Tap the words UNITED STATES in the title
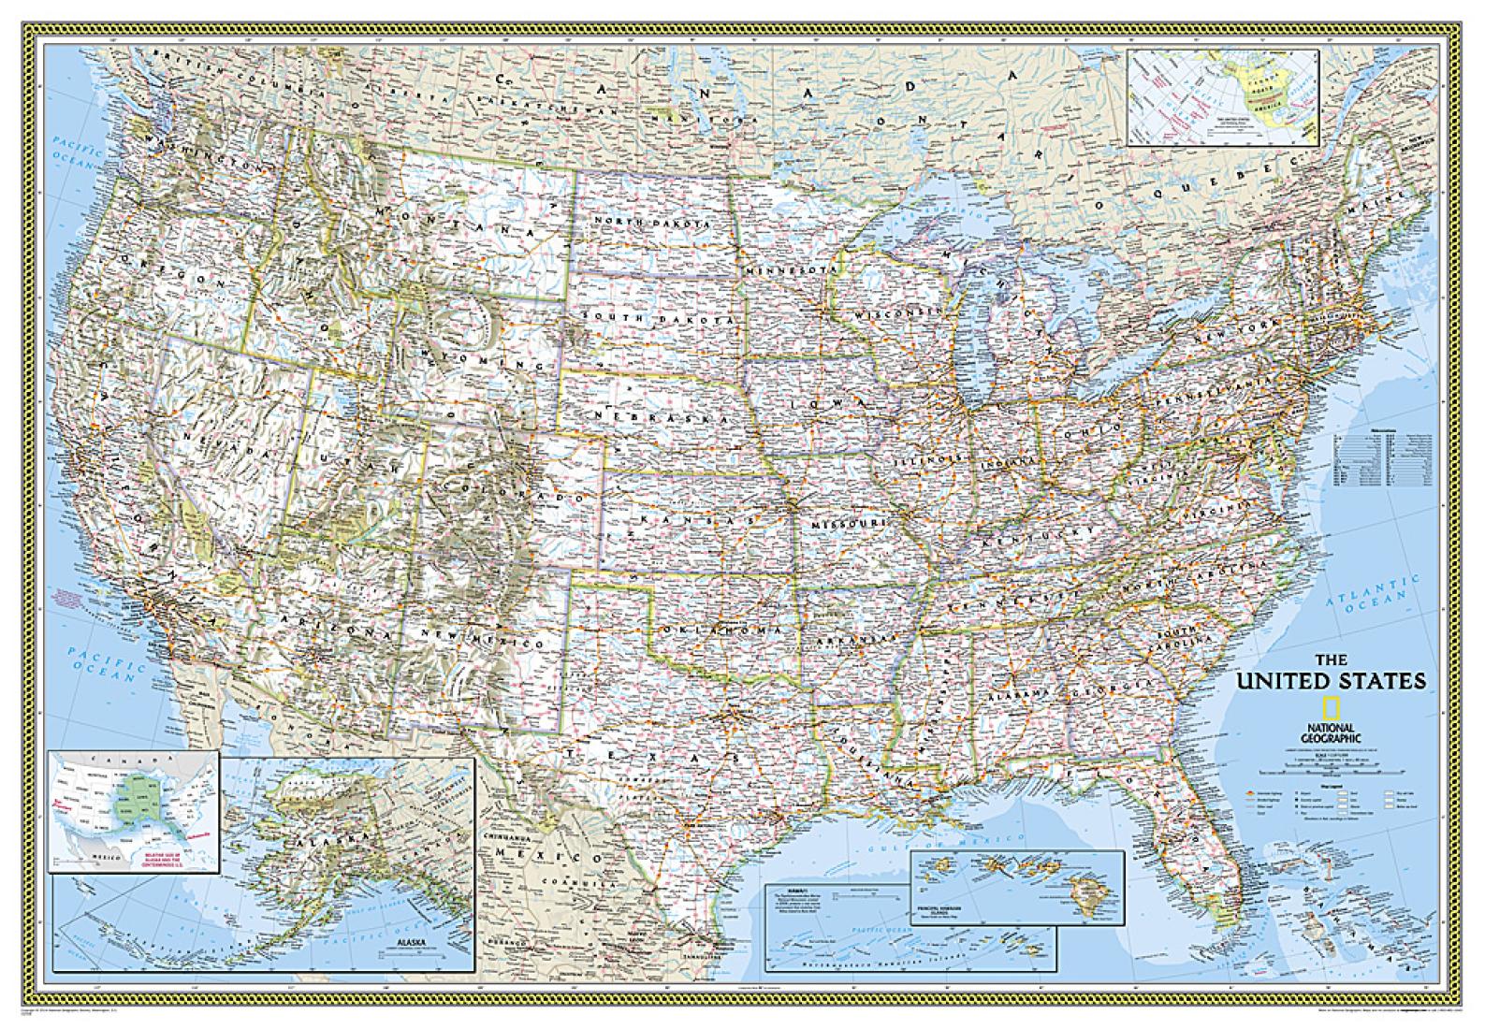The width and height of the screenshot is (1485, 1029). tap(1332, 680)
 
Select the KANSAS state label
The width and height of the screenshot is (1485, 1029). tap(694, 517)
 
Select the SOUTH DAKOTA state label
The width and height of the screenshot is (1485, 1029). tap(655, 318)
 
